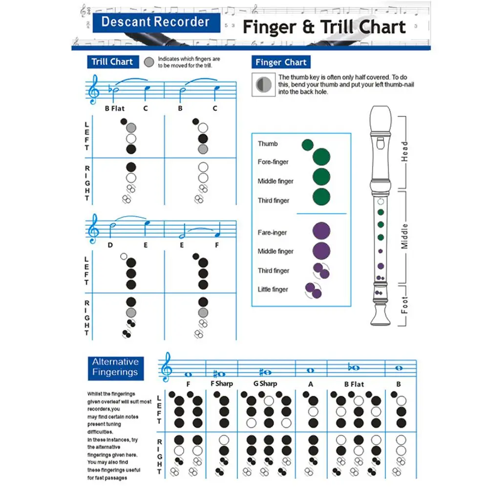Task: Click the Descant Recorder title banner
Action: click(x=155, y=22)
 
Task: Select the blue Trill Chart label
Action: click(x=112, y=62)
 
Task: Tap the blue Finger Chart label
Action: click(x=281, y=62)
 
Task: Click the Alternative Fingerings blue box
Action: click(x=115, y=367)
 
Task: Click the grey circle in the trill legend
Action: click(x=149, y=62)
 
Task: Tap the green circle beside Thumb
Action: click(x=307, y=145)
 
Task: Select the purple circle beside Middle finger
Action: click(x=321, y=251)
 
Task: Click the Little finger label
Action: click(x=273, y=290)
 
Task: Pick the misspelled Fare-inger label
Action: click(x=272, y=233)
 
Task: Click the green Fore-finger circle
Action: click(x=321, y=158)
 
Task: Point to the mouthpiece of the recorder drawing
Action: click(x=381, y=117)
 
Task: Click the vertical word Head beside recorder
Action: click(x=404, y=152)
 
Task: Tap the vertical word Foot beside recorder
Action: click(x=404, y=305)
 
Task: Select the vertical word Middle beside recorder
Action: click(x=404, y=236)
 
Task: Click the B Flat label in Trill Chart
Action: click(x=115, y=108)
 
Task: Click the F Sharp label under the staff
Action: click(x=222, y=384)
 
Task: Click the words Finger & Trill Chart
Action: click(x=324, y=27)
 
